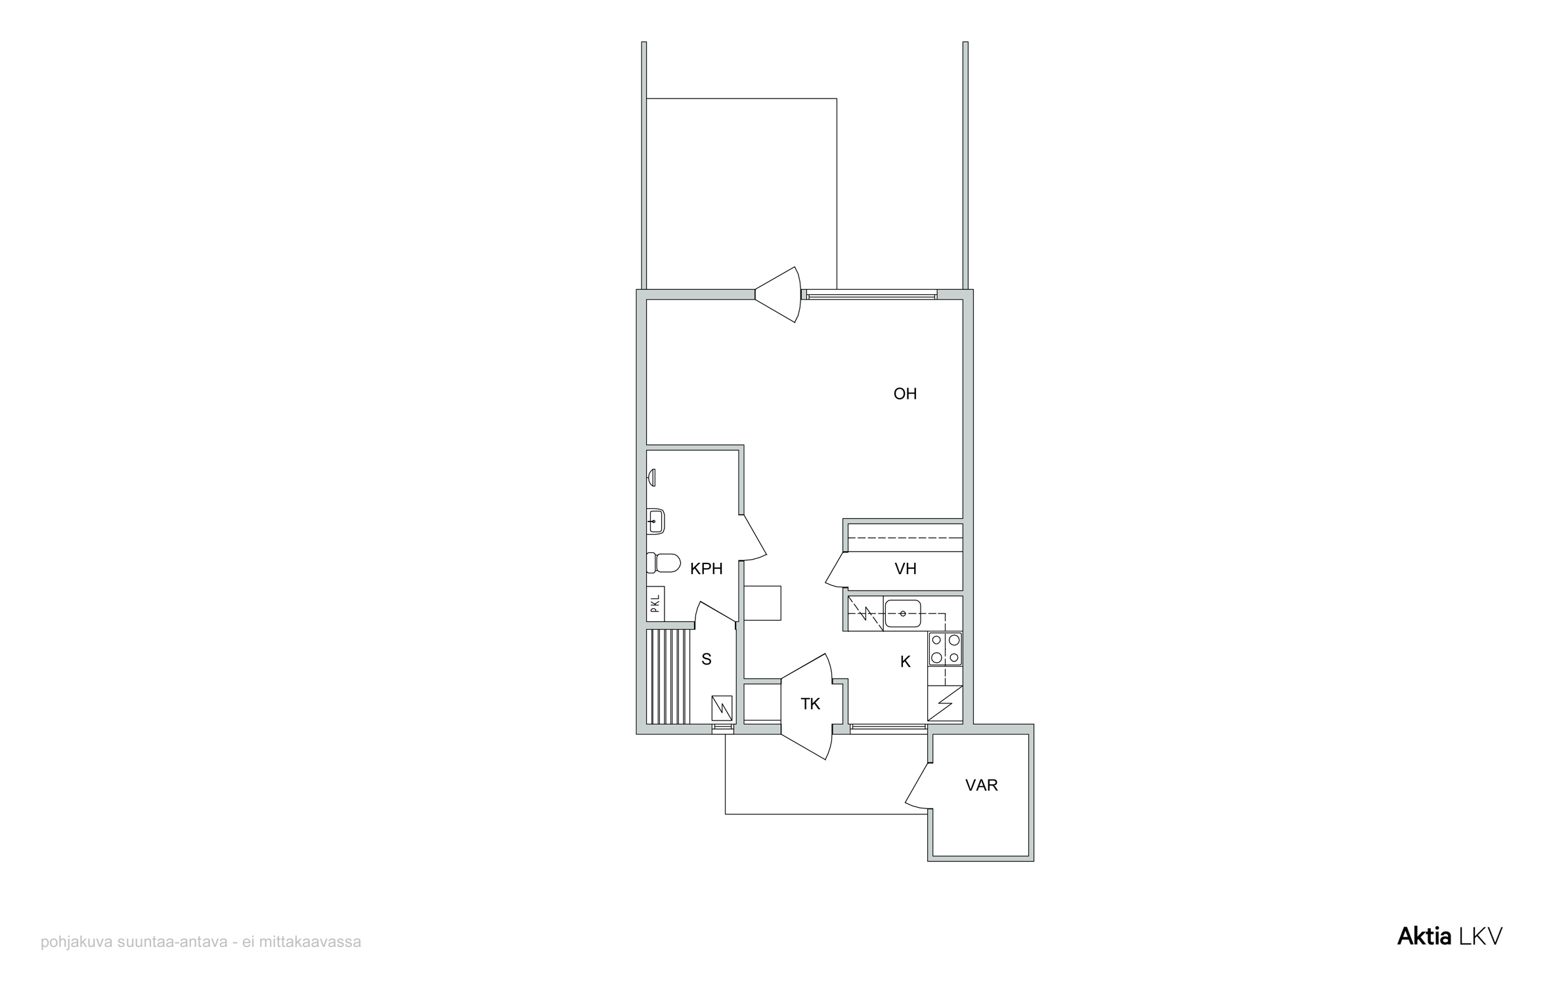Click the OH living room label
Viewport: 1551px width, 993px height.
coord(905,394)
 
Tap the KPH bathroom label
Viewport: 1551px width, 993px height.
coord(707,569)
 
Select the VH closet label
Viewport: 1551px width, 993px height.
coord(906,569)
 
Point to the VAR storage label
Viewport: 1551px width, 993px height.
coord(982,785)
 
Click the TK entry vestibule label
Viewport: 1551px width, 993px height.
coord(810,704)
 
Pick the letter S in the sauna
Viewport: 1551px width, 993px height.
coord(707,659)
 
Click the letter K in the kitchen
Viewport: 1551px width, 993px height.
coord(906,662)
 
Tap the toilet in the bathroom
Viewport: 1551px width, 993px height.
coord(663,563)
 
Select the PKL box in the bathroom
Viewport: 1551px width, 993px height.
coord(655,604)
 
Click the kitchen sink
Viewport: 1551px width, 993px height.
coord(903,613)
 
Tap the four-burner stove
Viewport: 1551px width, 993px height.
coord(946,649)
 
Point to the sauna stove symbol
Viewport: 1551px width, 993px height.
coord(722,709)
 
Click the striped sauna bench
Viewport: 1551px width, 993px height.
coord(668,676)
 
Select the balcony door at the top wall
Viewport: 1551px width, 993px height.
coord(779,294)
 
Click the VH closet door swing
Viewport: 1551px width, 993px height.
coord(835,569)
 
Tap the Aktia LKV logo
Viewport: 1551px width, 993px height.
coord(1450,937)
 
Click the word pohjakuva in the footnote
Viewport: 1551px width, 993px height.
coord(77,942)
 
